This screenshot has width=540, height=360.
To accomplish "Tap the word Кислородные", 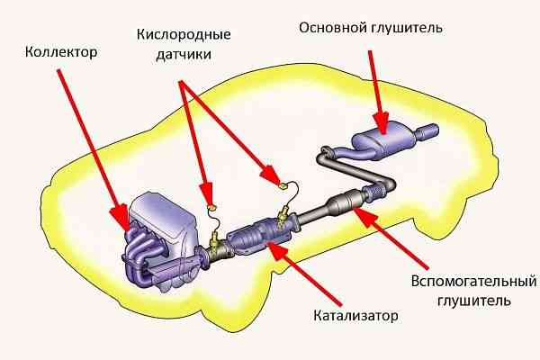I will [x=184, y=35].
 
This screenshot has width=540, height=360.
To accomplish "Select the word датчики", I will [x=184, y=56].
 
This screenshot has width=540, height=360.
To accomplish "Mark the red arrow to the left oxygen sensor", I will [x=197, y=135].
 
